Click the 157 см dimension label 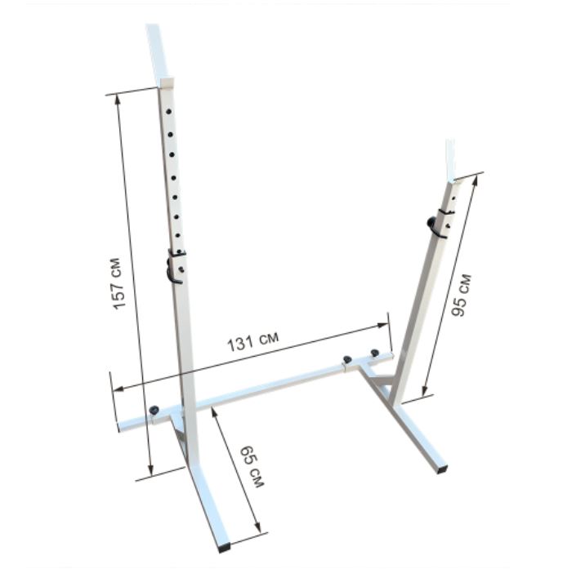(x=118, y=284)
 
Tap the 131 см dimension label (x=252, y=341)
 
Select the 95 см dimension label (x=461, y=295)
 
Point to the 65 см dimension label (x=252, y=467)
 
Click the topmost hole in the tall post (x=168, y=111)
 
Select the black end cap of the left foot (x=223, y=547)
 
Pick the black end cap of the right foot (x=442, y=469)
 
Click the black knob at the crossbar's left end (x=154, y=410)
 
